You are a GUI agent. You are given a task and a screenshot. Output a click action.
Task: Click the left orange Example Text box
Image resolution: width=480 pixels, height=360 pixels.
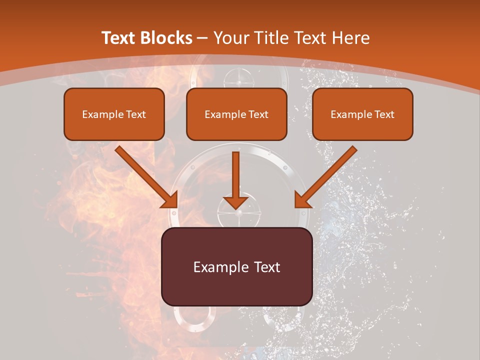(x=114, y=114)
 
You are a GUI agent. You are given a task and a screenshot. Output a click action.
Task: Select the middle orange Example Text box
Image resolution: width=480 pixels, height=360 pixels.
(x=236, y=114)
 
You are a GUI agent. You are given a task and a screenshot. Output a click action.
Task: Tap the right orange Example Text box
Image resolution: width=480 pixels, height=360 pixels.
(x=362, y=114)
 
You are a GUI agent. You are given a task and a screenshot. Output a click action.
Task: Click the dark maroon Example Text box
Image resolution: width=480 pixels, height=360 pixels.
(x=236, y=266)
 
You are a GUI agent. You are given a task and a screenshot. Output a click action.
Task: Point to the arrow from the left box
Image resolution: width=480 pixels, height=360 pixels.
(x=145, y=175)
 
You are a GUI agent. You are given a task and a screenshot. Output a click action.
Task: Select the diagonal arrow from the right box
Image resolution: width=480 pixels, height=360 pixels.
(x=327, y=175)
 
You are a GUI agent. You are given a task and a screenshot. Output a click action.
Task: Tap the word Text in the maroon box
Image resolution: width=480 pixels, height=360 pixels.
(x=265, y=267)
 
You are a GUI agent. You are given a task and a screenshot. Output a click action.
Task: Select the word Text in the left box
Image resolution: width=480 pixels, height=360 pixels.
(x=135, y=114)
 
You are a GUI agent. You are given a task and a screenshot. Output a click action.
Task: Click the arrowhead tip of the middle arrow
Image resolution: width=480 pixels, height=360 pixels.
(x=235, y=207)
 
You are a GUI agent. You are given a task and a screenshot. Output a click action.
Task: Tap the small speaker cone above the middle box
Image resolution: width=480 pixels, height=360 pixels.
(x=236, y=78)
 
